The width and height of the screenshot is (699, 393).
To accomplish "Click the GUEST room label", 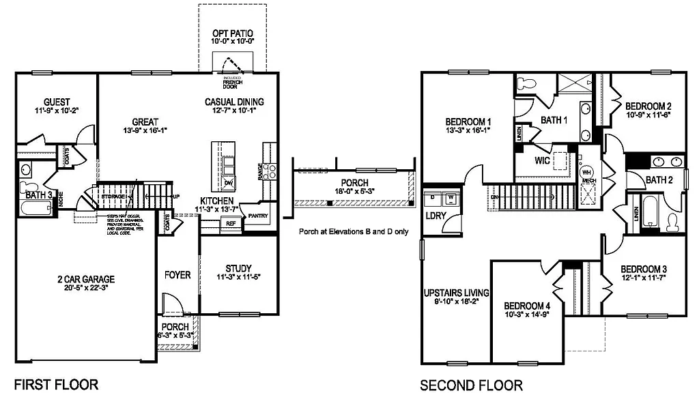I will (57, 102).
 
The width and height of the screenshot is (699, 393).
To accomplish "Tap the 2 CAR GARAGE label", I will (85, 278).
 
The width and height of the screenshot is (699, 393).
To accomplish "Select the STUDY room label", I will (238, 268).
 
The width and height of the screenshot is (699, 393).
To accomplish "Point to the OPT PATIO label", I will (234, 33).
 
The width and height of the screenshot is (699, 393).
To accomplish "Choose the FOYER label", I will (177, 275).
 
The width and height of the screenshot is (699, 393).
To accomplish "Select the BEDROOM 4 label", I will (527, 306).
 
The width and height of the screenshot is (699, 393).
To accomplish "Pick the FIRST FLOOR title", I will (56, 385).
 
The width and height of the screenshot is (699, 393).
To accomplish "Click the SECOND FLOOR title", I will (471, 385).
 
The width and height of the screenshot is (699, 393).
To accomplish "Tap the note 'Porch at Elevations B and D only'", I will (354, 231).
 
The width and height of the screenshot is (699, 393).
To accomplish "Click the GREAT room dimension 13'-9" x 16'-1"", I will (145, 131).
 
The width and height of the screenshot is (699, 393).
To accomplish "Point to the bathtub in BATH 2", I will (648, 210).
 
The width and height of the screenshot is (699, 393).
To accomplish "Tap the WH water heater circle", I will (586, 173).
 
